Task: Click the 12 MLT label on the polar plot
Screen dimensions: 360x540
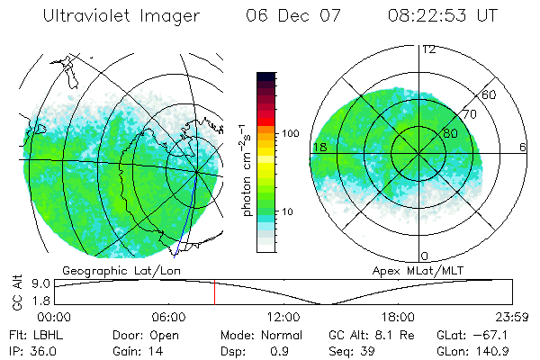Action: [x=428, y=49]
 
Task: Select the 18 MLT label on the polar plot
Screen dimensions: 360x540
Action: [x=319, y=147]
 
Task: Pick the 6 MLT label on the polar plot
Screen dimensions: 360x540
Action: [x=522, y=147]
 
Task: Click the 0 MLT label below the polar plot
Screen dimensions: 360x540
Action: [x=425, y=256]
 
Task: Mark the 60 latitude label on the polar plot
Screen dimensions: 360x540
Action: [x=490, y=94]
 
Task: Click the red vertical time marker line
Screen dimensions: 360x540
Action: [x=214, y=292]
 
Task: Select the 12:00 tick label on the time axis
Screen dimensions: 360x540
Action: [x=283, y=317]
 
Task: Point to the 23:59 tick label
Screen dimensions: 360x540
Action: [x=512, y=317]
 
